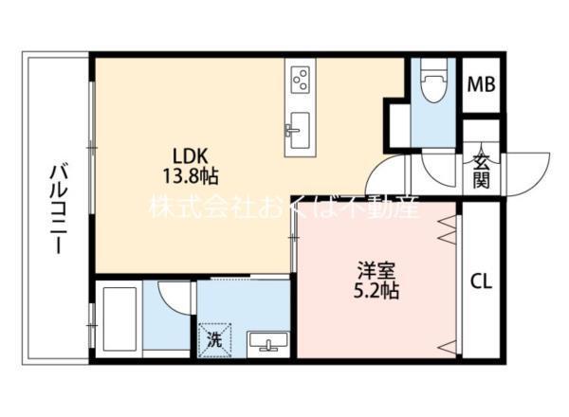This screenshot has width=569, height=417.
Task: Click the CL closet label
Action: tap(481, 281)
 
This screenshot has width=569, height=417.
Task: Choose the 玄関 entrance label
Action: tap(481, 171)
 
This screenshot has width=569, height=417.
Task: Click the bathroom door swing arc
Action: tap(177, 297)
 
